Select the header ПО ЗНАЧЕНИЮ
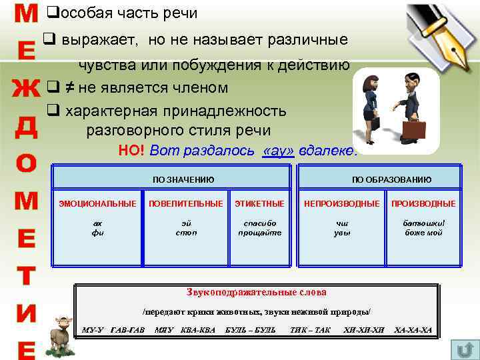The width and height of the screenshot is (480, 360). coord(183,179)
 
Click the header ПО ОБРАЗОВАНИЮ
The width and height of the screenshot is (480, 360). coord(391,179)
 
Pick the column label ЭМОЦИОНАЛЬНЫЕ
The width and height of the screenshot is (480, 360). coord(97,203)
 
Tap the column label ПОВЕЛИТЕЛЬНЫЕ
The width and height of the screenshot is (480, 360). coord(186,203)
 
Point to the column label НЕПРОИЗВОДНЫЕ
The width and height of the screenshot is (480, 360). coord(342,203)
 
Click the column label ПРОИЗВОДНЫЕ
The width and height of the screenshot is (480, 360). coord(423,203)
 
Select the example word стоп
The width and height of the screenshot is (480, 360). coord(186,233)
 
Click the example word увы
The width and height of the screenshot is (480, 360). coord(342,233)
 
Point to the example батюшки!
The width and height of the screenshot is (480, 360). coord(424,223)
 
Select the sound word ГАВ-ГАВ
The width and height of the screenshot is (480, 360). coord(127,330)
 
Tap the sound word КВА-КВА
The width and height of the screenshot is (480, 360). coord(198,330)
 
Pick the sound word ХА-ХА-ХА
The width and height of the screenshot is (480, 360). coord(413,330)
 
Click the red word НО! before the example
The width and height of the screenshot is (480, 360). coord(131,151)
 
